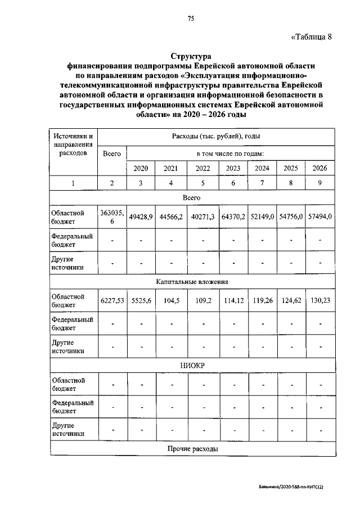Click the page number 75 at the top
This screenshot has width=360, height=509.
(191, 19)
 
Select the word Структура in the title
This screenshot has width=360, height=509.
(191, 56)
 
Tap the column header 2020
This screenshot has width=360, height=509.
(141, 168)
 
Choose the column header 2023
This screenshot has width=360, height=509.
(233, 168)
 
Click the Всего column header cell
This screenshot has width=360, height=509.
(112, 153)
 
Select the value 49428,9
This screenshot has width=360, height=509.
(141, 217)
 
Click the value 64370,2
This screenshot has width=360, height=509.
(233, 217)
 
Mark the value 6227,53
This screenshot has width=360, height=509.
(112, 301)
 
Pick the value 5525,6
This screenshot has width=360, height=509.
(141, 301)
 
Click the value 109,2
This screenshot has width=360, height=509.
(202, 301)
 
